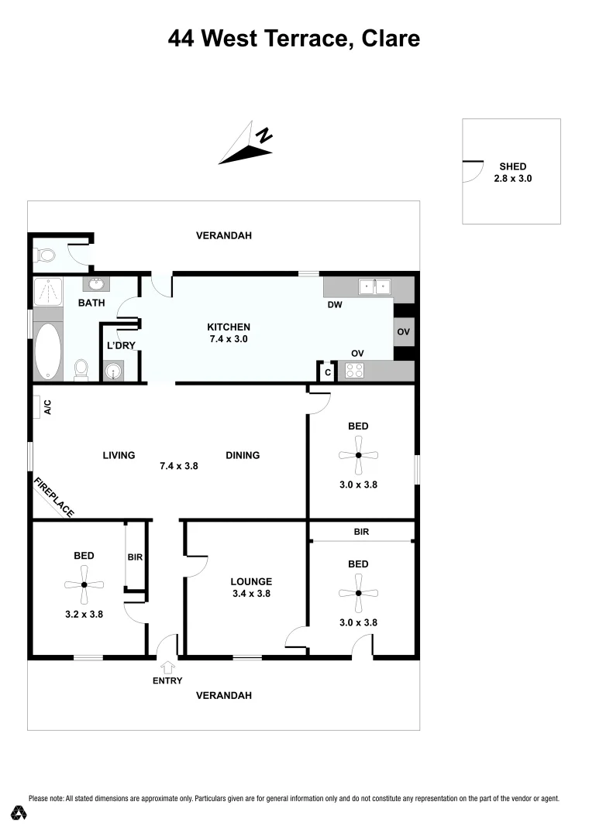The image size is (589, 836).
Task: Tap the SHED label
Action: (513, 166)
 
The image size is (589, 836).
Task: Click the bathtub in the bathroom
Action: (47, 351)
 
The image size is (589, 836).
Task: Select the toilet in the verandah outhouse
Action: (43, 254)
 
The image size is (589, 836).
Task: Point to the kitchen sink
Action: (374, 288)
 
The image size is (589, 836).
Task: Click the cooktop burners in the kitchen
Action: (353, 372)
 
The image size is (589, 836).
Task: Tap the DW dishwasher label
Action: (335, 306)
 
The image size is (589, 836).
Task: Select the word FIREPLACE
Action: (54, 498)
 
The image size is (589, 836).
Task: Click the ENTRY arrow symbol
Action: (168, 666)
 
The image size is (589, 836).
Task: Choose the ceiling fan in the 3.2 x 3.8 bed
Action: (84, 584)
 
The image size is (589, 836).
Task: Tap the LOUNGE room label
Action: (251, 581)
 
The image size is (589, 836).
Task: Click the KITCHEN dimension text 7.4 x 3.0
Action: (228, 338)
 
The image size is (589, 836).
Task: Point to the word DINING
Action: (243, 455)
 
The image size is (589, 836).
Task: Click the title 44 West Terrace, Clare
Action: (294, 38)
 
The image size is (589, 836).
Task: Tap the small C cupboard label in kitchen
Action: (328, 372)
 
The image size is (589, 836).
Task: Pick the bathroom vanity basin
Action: (98, 284)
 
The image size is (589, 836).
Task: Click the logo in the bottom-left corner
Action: (19, 813)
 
